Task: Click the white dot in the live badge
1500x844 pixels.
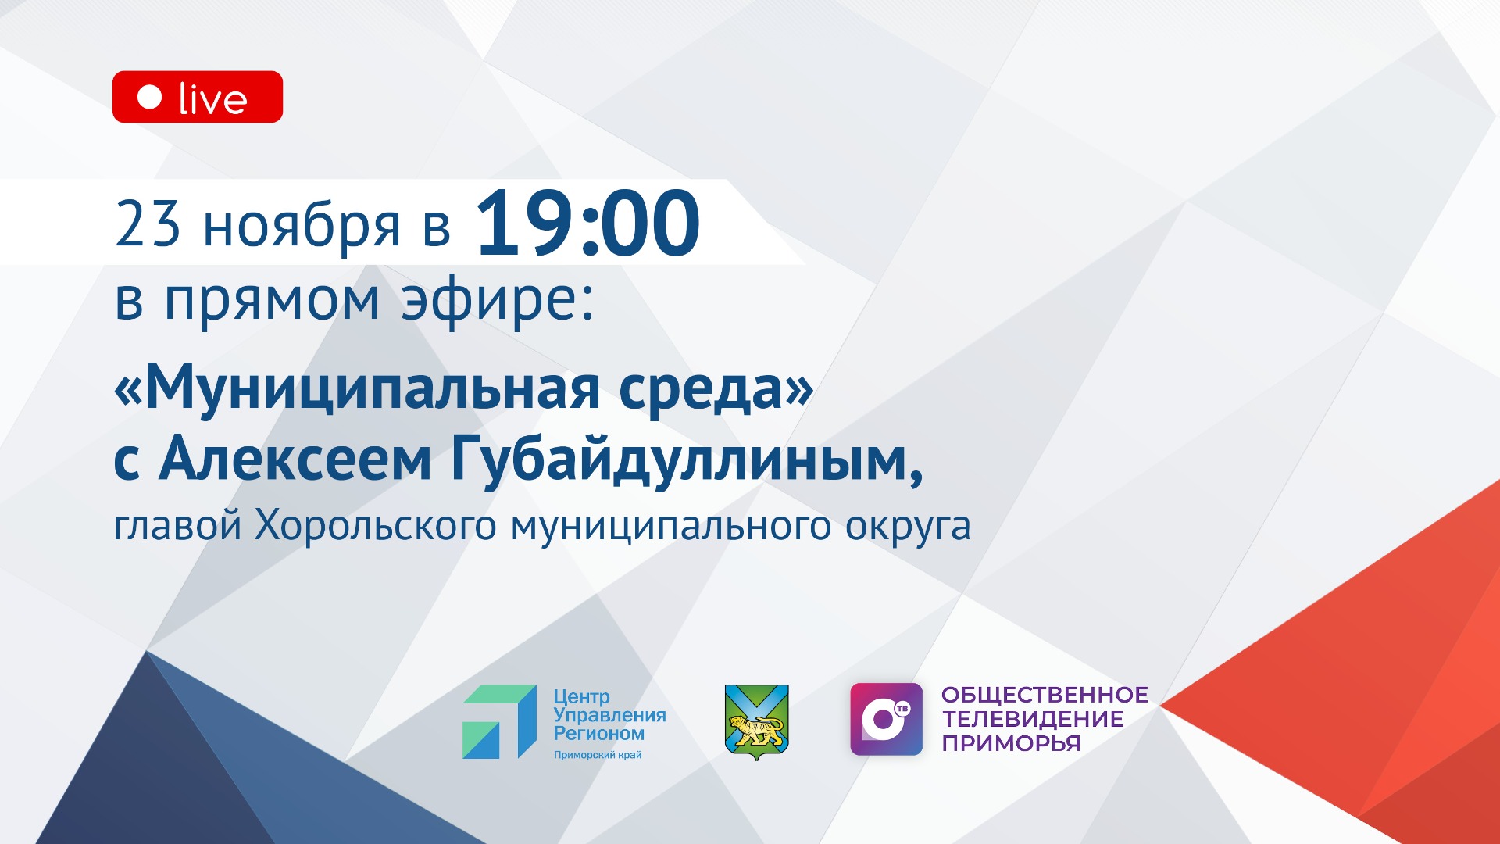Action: tap(149, 97)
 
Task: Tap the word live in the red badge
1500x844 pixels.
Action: tap(212, 99)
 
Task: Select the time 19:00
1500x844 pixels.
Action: tap(587, 224)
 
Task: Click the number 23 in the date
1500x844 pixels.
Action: tap(148, 224)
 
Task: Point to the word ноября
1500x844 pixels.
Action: tap(302, 227)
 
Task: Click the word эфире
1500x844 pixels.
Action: tap(498, 301)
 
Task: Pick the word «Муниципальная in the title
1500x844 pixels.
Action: tap(357, 388)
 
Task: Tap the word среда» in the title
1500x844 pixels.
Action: tap(716, 388)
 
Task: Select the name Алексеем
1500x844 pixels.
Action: tap(295, 460)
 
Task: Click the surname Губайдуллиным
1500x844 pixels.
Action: tap(687, 461)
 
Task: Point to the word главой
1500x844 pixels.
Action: tap(177, 526)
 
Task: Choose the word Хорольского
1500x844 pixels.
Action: tap(375, 526)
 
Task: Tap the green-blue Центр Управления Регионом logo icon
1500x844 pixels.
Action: tap(499, 721)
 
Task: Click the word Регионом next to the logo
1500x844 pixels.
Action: tap(599, 734)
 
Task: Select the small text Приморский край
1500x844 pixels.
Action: tap(598, 755)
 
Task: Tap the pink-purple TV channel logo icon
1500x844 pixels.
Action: tap(886, 719)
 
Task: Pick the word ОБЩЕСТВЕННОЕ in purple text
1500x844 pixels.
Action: tap(1045, 695)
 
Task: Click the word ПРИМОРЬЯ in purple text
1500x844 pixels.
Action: tap(1011, 743)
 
